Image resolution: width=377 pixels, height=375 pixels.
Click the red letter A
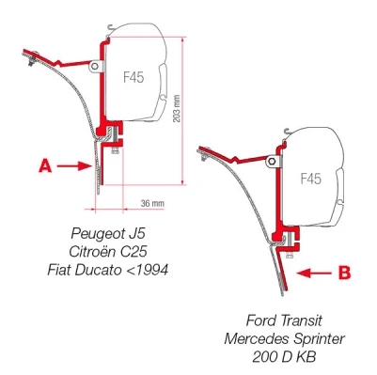(x=45, y=165)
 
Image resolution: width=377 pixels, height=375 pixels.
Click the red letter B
(x=344, y=273)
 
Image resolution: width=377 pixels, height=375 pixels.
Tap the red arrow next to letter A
(x=74, y=166)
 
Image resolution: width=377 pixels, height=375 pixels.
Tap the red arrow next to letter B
(x=314, y=273)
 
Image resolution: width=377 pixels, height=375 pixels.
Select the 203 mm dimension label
(x=177, y=108)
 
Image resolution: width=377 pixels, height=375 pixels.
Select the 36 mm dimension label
(x=152, y=203)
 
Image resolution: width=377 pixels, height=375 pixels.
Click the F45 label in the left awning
(x=134, y=77)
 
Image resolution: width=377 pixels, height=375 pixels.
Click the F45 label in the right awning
(x=310, y=179)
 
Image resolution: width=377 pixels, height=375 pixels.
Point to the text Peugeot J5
(x=108, y=233)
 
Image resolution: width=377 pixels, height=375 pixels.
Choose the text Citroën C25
(x=108, y=251)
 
